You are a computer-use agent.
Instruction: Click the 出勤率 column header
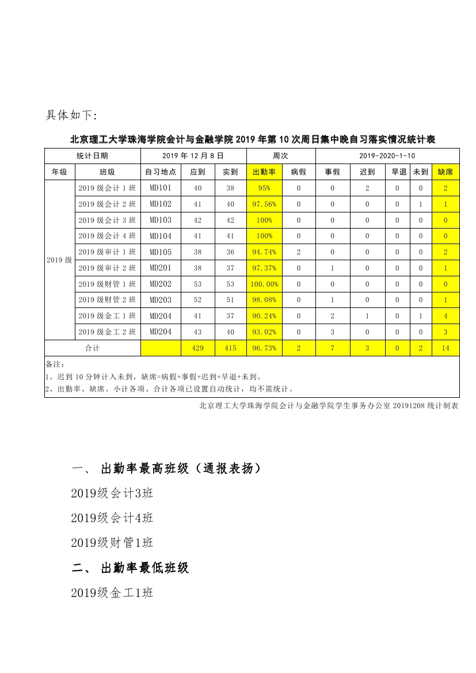pyautogui.click(x=264, y=172)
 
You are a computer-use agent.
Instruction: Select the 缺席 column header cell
pyautogui.click(x=445, y=172)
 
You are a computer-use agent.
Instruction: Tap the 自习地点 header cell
pyautogui.click(x=161, y=172)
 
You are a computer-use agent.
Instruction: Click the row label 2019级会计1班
pyautogui.click(x=108, y=188)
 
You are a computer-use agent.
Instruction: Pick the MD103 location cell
pyautogui.click(x=161, y=220)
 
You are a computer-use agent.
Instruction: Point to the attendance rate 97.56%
pyautogui.click(x=264, y=204)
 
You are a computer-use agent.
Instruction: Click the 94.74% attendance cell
pyautogui.click(x=264, y=252)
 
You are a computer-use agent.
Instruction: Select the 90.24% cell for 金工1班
pyautogui.click(x=264, y=315)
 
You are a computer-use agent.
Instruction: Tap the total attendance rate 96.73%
pyautogui.click(x=264, y=348)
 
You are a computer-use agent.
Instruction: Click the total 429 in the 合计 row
pyautogui.click(x=198, y=348)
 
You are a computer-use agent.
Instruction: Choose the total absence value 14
pyautogui.click(x=445, y=348)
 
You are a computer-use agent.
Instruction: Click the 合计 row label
pyautogui.click(x=93, y=348)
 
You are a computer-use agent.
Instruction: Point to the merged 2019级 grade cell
pyautogui.click(x=59, y=260)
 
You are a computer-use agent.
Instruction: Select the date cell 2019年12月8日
pyautogui.click(x=193, y=155)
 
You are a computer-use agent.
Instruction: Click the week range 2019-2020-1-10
pyautogui.click(x=387, y=155)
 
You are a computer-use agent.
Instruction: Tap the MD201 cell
pyautogui.click(x=161, y=268)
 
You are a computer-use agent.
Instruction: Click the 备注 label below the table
pyautogui.click(x=55, y=364)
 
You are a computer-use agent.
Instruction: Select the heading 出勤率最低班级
pyautogui.click(x=144, y=568)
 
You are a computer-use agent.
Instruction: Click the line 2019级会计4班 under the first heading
pyautogui.click(x=112, y=518)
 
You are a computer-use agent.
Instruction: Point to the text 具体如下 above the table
pyautogui.click(x=72, y=115)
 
